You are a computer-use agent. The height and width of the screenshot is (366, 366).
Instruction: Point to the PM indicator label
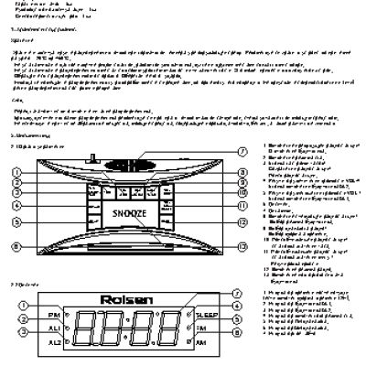coord(54,315)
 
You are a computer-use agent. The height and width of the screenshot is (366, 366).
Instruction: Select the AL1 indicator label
coord(54,327)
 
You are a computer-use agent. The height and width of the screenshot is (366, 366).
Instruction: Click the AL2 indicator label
coord(54,341)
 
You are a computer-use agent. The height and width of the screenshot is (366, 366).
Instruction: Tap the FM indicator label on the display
coord(204,327)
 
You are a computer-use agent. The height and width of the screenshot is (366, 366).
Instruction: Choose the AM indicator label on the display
coord(204,341)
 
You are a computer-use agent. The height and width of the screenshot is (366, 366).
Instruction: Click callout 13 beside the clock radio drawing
coord(241,221)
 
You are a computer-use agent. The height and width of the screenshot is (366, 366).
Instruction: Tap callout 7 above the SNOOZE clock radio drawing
coord(241,151)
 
